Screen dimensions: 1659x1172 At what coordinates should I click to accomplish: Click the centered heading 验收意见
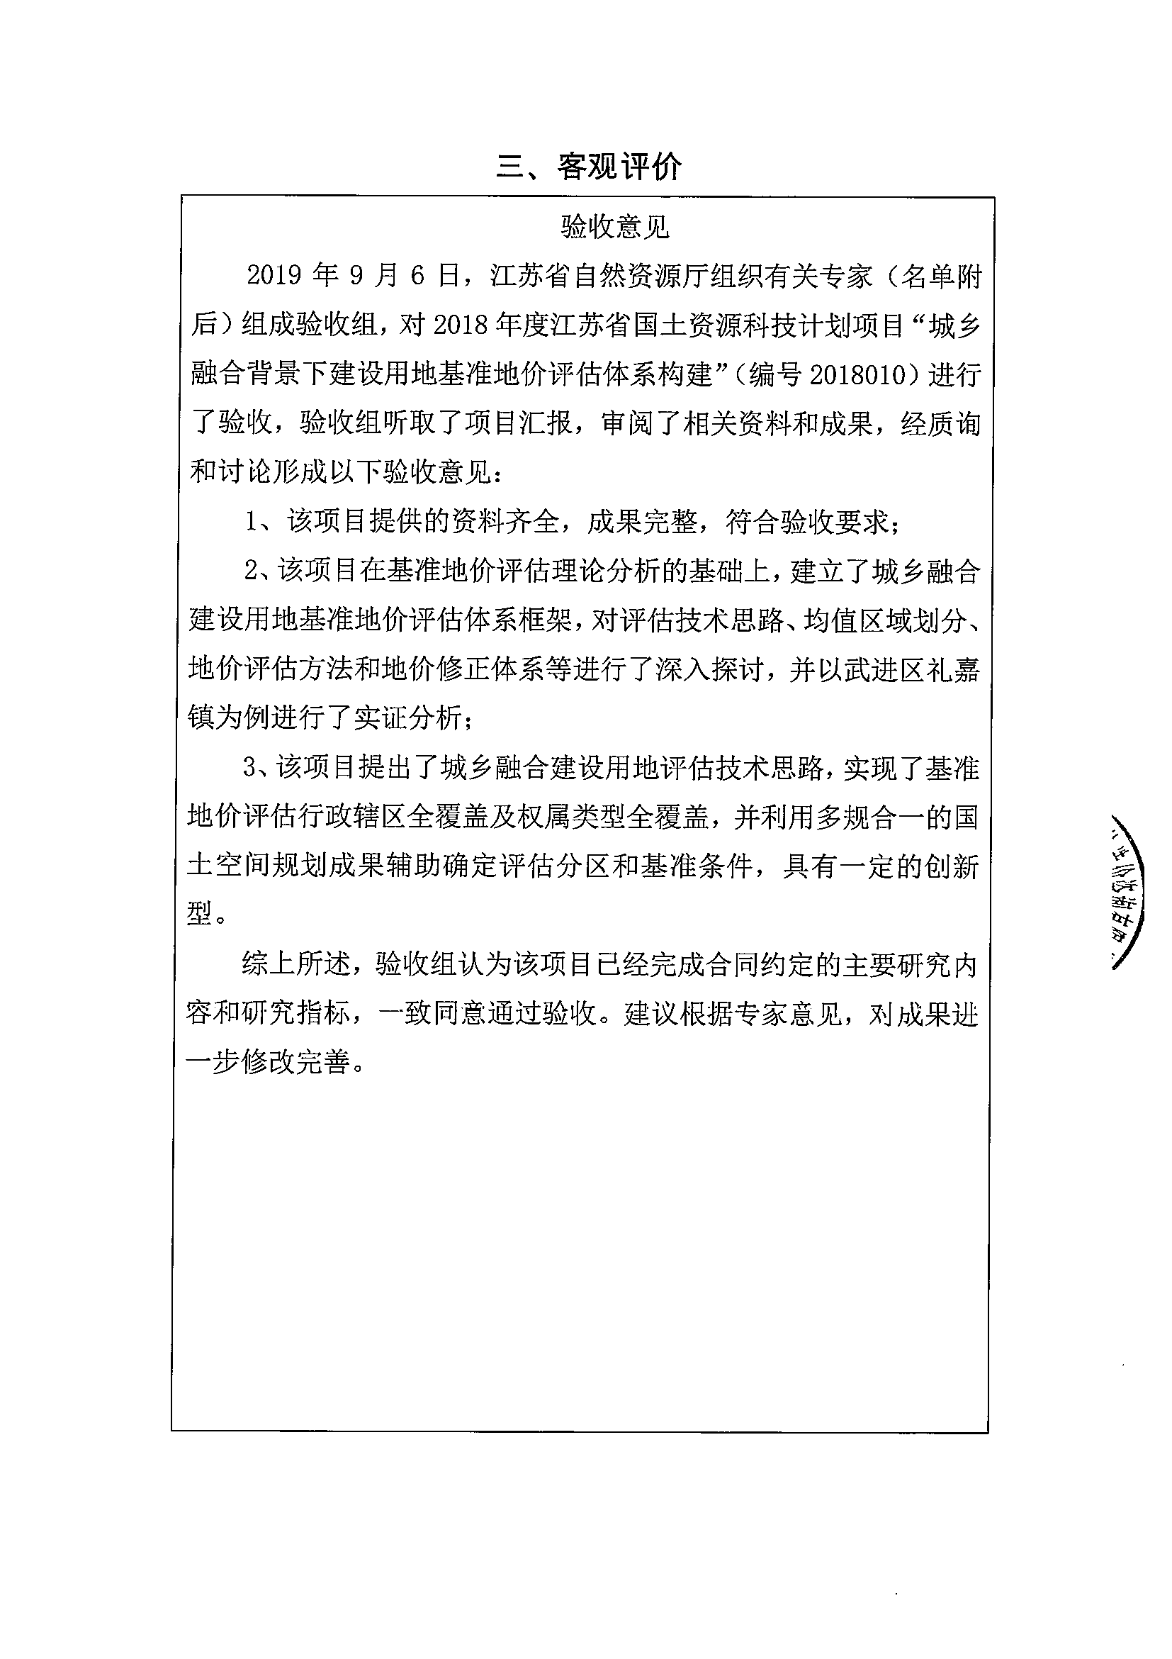coord(614,228)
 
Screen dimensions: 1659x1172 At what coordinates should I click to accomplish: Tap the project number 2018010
coord(859,374)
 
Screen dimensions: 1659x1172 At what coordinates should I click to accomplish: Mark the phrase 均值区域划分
coord(884,620)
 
